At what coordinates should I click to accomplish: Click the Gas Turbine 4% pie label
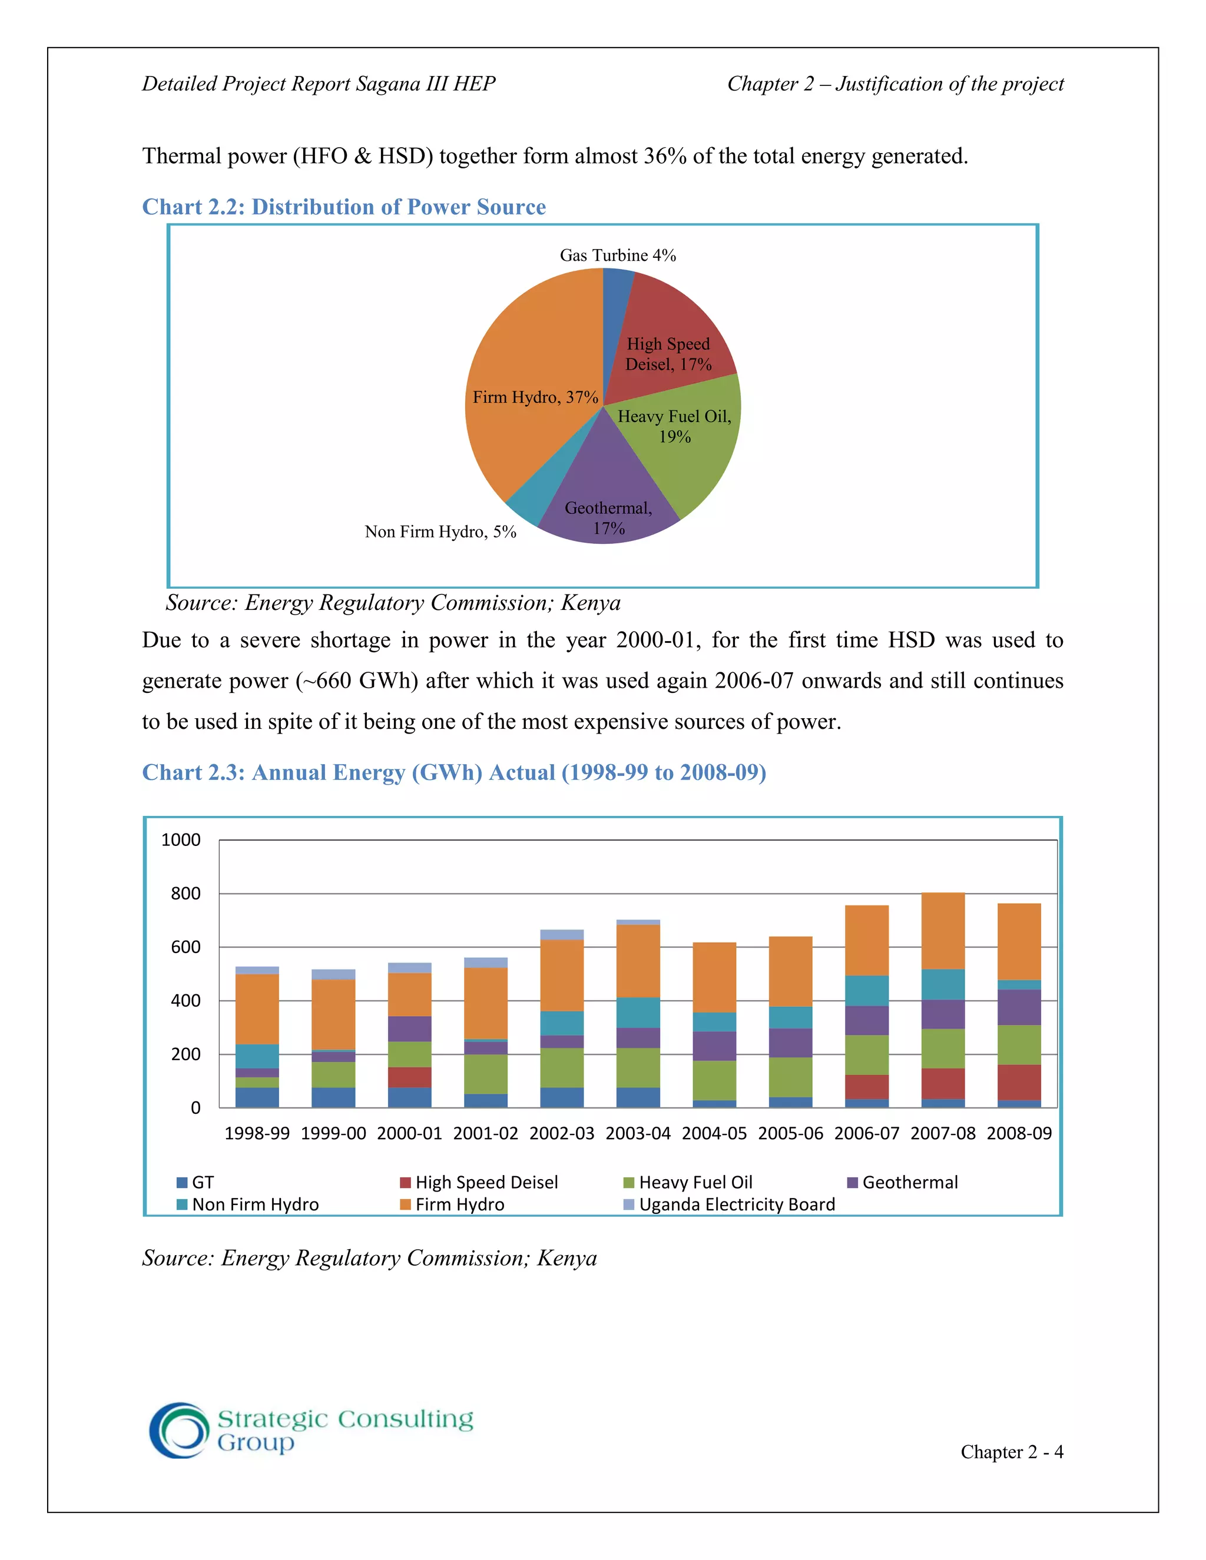(x=617, y=255)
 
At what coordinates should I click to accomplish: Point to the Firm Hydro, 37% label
(x=535, y=397)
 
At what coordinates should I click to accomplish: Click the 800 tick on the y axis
(x=185, y=894)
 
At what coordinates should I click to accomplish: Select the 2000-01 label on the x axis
(x=409, y=1134)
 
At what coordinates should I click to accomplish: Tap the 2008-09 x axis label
(x=1019, y=1134)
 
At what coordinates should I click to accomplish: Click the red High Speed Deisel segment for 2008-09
(x=1019, y=1083)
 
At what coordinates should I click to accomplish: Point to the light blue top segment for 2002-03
(x=562, y=934)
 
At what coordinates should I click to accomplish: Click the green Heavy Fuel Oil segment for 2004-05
(x=714, y=1080)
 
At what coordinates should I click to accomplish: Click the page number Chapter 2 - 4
(x=1011, y=1452)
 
